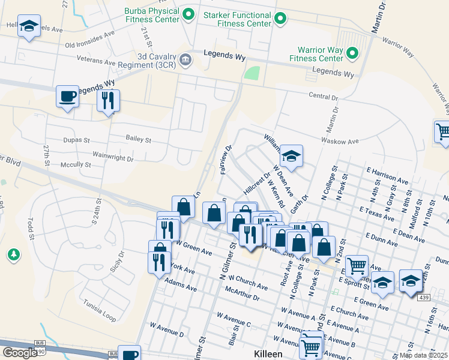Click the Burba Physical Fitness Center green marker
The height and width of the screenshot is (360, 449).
tap(188, 13)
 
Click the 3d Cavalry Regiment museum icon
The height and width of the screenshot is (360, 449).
tap(185, 59)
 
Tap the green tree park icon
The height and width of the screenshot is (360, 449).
tap(13, 256)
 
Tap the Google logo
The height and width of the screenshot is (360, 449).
tap(19, 353)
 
